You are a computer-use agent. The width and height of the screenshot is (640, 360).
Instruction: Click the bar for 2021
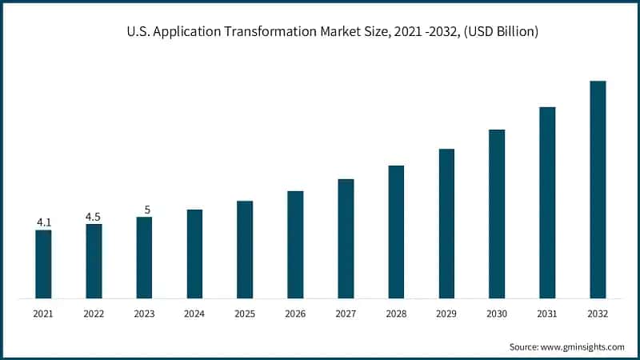point(43,264)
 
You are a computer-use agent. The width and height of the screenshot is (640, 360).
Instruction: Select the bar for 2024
point(194,254)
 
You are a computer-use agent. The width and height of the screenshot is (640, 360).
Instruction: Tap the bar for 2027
point(346,238)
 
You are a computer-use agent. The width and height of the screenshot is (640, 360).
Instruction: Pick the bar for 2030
point(497,214)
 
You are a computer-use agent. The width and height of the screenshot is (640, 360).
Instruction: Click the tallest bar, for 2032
point(598,190)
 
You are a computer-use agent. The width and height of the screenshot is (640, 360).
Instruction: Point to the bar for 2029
point(446,223)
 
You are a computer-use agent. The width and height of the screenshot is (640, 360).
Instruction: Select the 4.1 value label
point(43,222)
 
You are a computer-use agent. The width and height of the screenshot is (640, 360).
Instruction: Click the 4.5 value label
point(94,216)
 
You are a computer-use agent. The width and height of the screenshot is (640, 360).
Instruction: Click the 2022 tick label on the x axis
point(94,314)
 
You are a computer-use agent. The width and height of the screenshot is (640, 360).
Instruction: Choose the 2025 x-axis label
point(245,314)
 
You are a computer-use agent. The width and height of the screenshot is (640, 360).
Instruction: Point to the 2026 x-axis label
point(295,314)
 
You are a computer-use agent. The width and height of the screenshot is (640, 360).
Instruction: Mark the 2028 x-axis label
point(396,314)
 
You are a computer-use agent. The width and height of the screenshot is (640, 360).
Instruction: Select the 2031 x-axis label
point(547,314)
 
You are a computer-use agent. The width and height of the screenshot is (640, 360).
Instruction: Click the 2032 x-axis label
point(598,314)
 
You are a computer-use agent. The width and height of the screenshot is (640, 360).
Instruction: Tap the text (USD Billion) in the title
point(500,33)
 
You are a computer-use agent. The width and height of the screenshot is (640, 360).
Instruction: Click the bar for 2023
point(144,258)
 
